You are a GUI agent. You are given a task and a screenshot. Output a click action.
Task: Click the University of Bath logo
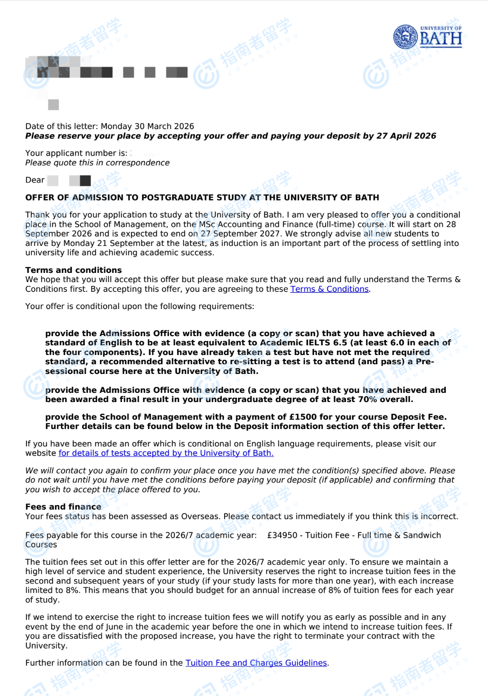(428, 37)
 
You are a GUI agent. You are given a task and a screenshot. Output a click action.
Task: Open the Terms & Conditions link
(329, 289)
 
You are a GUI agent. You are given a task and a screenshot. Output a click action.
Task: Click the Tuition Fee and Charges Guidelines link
(256, 663)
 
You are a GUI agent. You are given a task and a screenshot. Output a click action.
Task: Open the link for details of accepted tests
(166, 453)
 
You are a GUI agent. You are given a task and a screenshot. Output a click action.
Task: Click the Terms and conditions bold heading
(73, 270)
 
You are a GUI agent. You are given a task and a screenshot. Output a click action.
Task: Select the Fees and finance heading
(63, 507)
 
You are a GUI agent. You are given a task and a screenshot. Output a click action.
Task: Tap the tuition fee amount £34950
(284, 536)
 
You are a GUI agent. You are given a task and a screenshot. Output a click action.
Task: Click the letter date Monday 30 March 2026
(147, 126)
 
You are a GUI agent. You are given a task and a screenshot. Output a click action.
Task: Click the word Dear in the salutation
(35, 180)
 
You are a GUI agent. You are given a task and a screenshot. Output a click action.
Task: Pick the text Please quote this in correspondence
(97, 163)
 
